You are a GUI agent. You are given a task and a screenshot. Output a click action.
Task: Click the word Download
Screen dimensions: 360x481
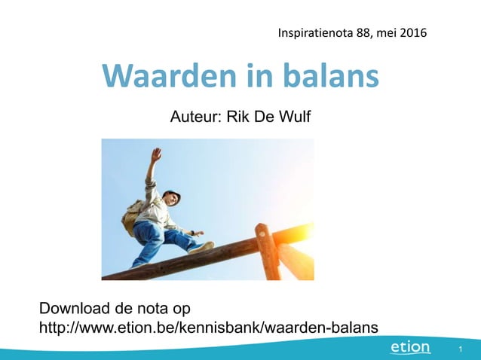73,308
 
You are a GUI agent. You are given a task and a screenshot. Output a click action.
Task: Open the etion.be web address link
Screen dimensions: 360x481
209,326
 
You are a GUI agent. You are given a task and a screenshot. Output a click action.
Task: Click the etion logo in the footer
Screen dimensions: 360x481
410,347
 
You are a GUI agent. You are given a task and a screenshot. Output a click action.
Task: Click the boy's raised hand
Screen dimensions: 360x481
156,154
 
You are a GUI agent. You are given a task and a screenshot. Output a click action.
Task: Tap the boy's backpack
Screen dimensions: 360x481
133,217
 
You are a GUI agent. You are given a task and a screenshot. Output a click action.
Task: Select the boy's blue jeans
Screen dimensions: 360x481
158,238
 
